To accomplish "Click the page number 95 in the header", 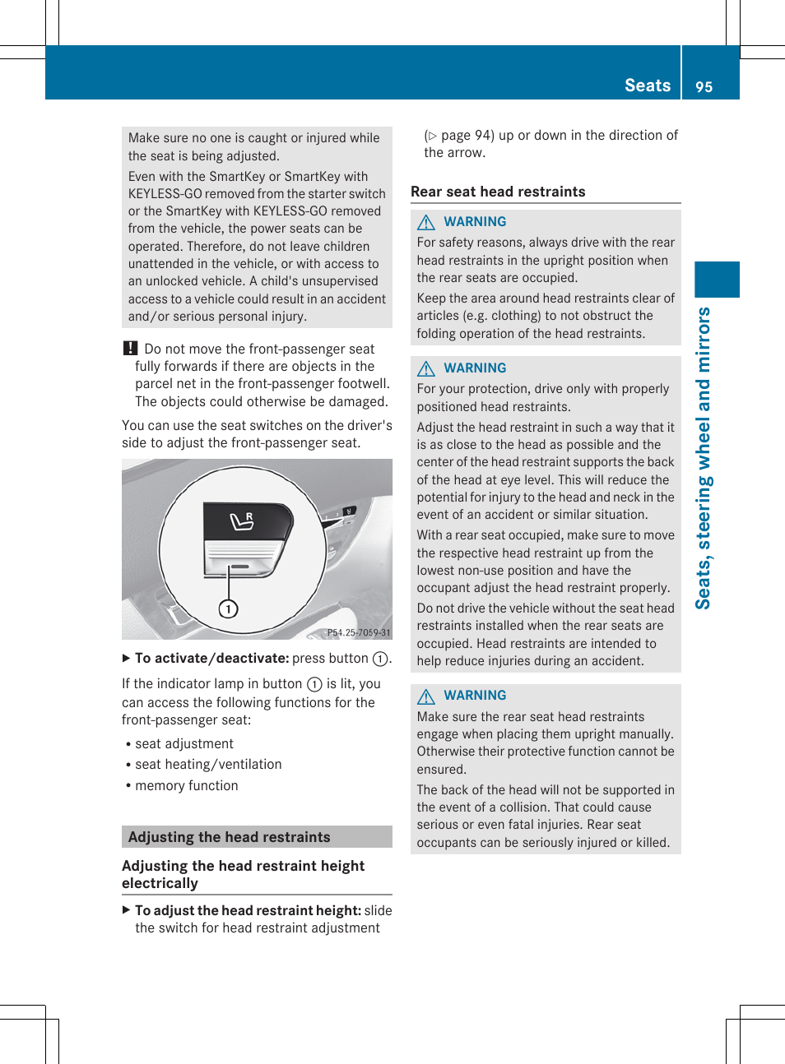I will pos(704,86).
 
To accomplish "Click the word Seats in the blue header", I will pos(648,86).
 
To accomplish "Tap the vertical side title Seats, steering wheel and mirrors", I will pos(704,458).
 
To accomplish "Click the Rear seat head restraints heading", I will pos(498,192).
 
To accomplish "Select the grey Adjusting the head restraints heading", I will pos(230,837).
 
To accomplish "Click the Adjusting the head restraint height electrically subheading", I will pos(243,874).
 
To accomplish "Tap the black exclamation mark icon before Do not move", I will pos(130,349).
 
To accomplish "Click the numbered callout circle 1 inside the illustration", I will pos(228,608).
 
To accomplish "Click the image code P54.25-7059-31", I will pos(358,632).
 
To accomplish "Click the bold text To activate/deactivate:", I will pos(211,658).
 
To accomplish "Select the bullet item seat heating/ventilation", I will pos(208,764).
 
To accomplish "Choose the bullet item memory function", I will pos(187,785).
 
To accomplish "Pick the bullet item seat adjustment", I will pos(184,743).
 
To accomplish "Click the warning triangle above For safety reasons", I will pos(426,222).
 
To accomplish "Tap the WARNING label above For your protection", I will pos(475,368).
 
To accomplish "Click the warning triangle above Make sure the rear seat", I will pos(426,696).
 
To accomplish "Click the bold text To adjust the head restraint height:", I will pos(248,910).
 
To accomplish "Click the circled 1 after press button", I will pos(380,659).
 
